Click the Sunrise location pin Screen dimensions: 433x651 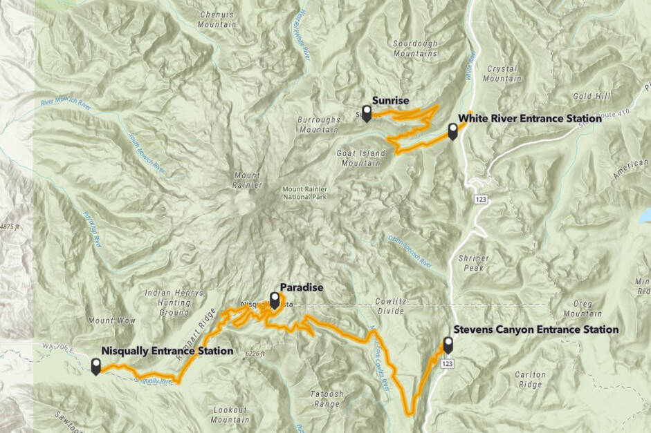pos(367,113)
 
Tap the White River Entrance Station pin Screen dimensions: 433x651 pos(452,131)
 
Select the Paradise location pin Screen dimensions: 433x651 pos(275,300)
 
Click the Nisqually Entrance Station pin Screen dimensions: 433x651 pos(95,365)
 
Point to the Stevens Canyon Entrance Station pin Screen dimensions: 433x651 pos(448,345)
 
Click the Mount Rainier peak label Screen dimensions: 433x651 pos(247,179)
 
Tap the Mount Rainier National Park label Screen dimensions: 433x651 pos(304,194)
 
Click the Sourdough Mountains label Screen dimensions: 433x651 pos(415,48)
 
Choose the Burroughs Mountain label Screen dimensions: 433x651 pos(318,124)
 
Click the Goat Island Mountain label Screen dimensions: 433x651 pos(360,158)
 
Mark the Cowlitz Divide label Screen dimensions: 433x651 pos(393,307)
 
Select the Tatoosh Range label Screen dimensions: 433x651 pos(327,398)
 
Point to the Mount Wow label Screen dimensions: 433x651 pos(105,320)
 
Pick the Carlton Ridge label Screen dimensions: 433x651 pos(531,379)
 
